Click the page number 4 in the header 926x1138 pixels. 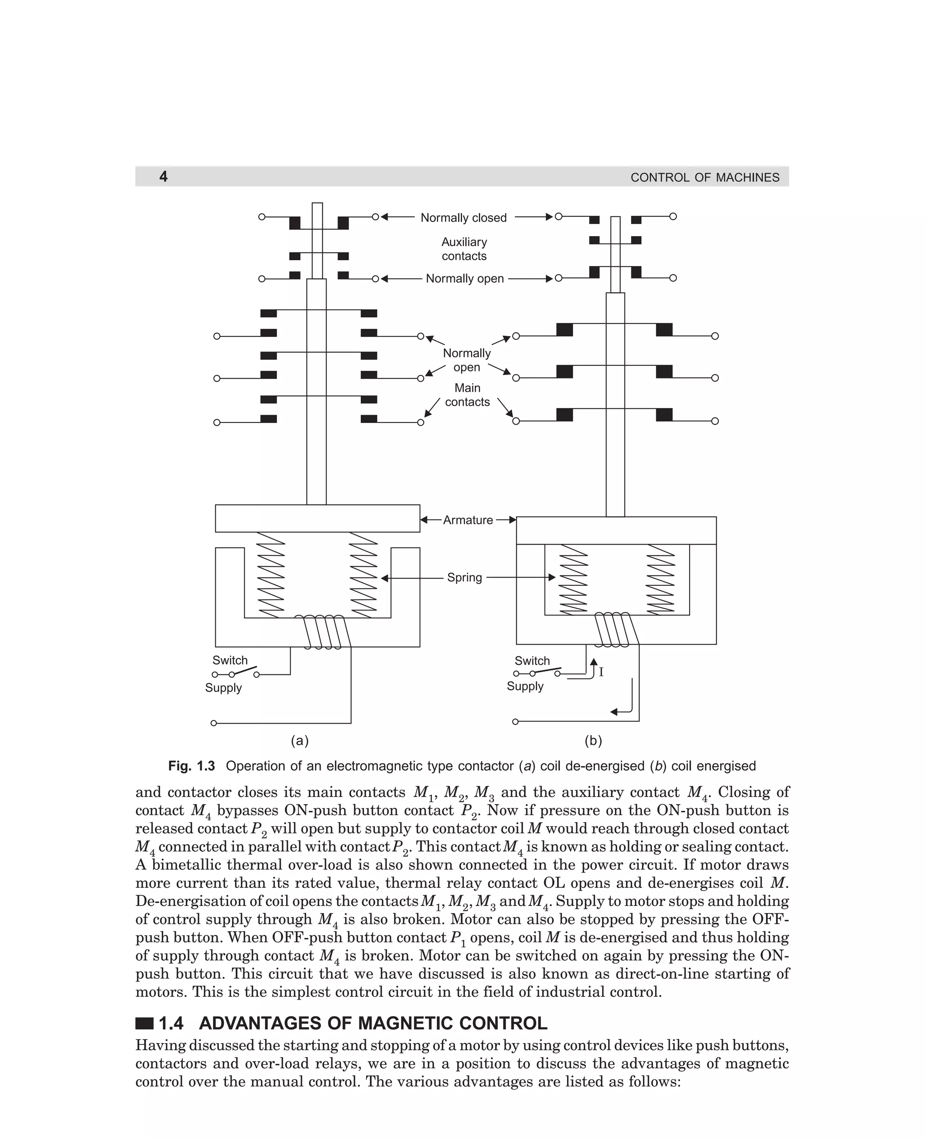tap(163, 176)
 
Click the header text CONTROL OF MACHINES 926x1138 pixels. tap(704, 178)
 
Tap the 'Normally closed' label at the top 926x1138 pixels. tap(463, 218)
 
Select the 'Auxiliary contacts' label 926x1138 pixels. tap(464, 249)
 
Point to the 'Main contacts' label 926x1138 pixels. tap(467, 395)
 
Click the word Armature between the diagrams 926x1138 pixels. tap(468, 520)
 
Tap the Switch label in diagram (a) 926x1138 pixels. tap(230, 660)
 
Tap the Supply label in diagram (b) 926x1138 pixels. tap(525, 686)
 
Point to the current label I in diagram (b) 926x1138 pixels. tap(601, 672)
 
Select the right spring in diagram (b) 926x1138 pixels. tap(660, 578)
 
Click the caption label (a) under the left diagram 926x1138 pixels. tap(300, 740)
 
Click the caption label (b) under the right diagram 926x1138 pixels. tap(593, 740)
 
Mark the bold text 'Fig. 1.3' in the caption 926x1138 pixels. tap(192, 766)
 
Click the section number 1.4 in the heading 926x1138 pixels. tap(171, 1023)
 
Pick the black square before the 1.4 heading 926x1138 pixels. tap(144, 1023)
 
